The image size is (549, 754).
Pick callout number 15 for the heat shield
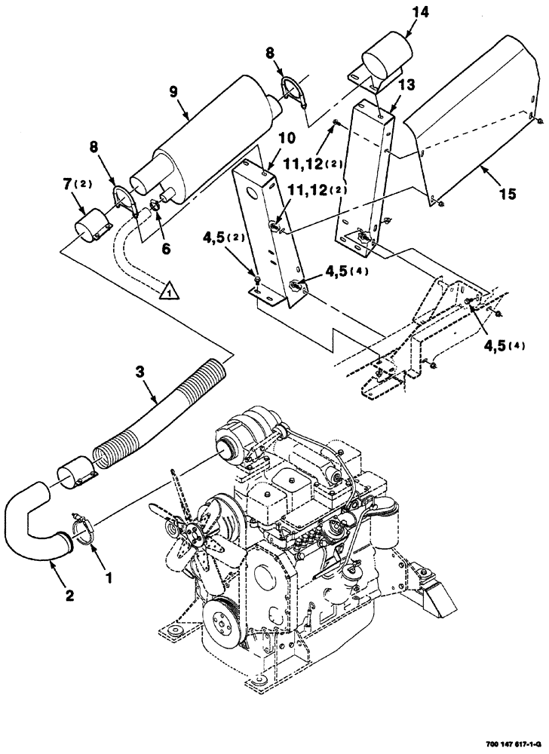tap(507, 195)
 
